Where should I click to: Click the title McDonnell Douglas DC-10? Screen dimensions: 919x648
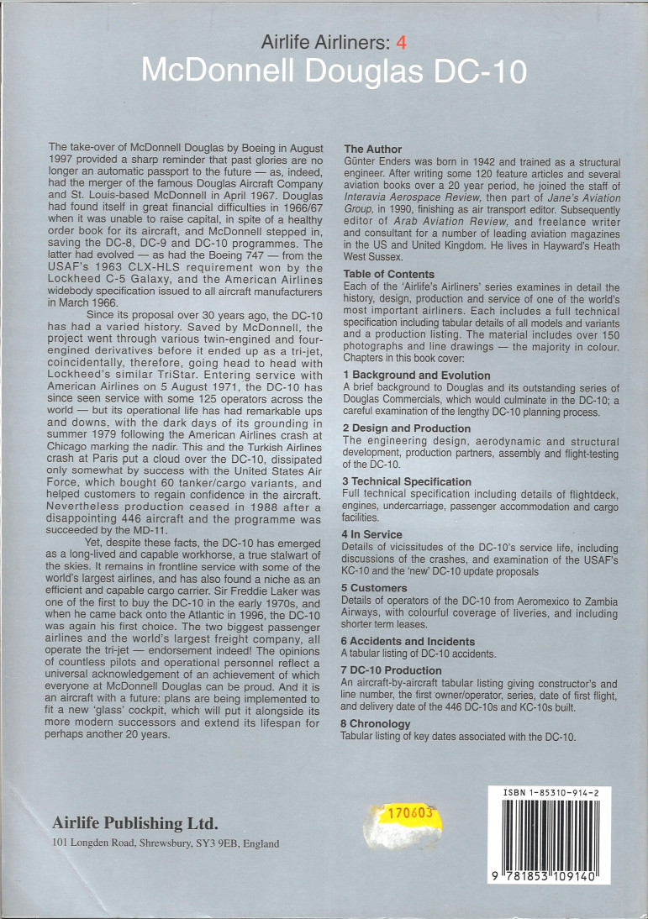[x=334, y=71]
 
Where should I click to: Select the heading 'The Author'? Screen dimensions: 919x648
[x=373, y=150]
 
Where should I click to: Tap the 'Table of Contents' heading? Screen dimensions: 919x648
[x=389, y=274]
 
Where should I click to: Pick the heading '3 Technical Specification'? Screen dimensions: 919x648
[x=407, y=481]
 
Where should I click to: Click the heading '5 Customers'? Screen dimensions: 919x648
[x=375, y=588]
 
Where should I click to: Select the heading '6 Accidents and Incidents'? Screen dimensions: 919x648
[x=408, y=642]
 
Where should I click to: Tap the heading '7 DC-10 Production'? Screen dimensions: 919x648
[x=392, y=670]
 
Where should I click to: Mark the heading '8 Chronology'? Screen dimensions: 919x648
[x=377, y=723]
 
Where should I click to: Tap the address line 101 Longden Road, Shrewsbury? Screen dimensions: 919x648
[x=166, y=843]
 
